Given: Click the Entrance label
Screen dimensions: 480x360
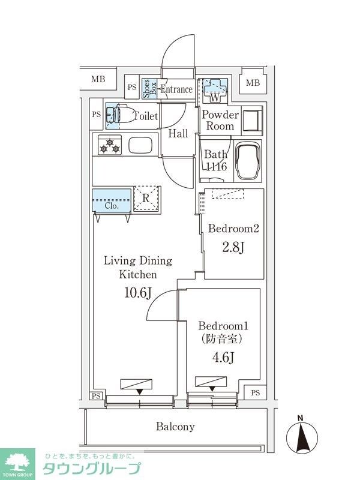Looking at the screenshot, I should (176, 89).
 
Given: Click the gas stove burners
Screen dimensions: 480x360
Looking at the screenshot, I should (110, 145).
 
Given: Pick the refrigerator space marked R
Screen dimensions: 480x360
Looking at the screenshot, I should (146, 199).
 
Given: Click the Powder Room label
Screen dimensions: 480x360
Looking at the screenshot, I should (220, 120).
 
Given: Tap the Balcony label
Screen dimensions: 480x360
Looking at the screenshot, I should (175, 427).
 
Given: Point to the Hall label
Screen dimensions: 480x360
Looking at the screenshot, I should (178, 133).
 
